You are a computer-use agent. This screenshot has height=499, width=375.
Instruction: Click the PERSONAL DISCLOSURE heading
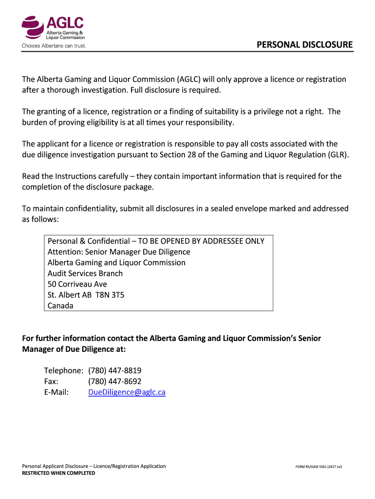pos(305,45)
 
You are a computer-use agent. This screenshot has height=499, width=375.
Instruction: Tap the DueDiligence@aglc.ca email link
pos(127,392)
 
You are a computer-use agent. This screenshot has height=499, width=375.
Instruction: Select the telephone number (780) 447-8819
pos(115,370)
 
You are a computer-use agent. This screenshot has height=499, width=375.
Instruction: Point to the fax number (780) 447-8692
pos(115,381)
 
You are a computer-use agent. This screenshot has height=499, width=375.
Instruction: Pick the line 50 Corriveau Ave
pos(77,284)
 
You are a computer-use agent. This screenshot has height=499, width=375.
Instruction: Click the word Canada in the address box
pos(60,306)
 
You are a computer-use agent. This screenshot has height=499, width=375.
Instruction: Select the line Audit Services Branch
pos(85,273)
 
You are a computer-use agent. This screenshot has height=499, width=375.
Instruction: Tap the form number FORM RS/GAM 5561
pos(319,467)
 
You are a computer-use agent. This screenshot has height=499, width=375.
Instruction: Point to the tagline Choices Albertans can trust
pos(54,46)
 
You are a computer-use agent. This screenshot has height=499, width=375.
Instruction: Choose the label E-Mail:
pos(56,392)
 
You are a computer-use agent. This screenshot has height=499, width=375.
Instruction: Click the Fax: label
pos(51,381)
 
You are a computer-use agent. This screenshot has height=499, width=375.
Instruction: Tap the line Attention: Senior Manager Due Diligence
pos(119,252)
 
